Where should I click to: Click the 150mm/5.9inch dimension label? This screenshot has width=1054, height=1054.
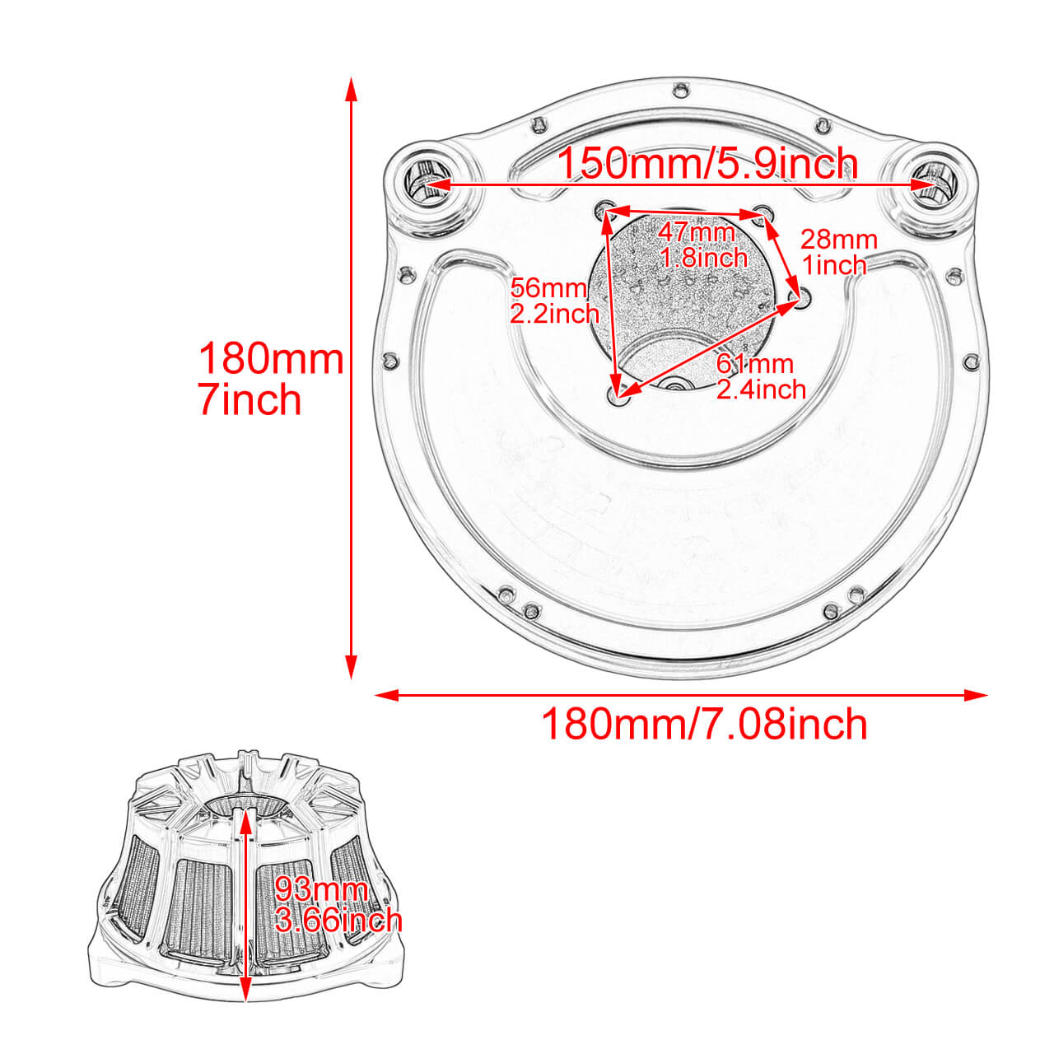coord(707,164)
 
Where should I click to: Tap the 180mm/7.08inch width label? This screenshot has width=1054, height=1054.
coord(704,725)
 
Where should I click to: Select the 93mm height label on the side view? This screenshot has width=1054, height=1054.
coord(321,889)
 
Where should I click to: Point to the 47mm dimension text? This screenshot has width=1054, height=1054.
coord(696,233)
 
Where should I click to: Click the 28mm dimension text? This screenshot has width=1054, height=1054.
coord(839,240)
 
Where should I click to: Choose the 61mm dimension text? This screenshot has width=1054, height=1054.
coord(755,363)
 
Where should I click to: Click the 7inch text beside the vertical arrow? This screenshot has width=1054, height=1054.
coord(250,400)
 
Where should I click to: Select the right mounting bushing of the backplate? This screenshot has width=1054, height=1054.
coord(933,183)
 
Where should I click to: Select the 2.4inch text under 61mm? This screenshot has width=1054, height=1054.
coord(761,389)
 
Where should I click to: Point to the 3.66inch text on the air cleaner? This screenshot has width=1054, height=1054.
coord(338,919)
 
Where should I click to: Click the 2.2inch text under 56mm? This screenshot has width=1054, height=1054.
coord(554,313)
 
